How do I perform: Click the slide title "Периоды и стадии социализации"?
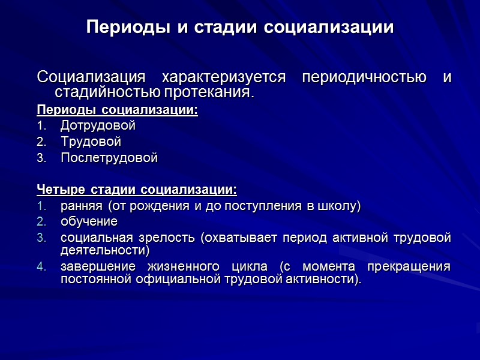(240, 28)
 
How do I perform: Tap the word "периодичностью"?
(365, 78)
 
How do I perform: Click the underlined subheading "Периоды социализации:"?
(117, 110)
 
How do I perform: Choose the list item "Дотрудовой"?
(98, 126)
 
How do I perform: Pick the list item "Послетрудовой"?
(109, 158)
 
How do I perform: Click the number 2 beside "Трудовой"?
(40, 143)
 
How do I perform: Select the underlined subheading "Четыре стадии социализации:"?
(137, 190)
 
